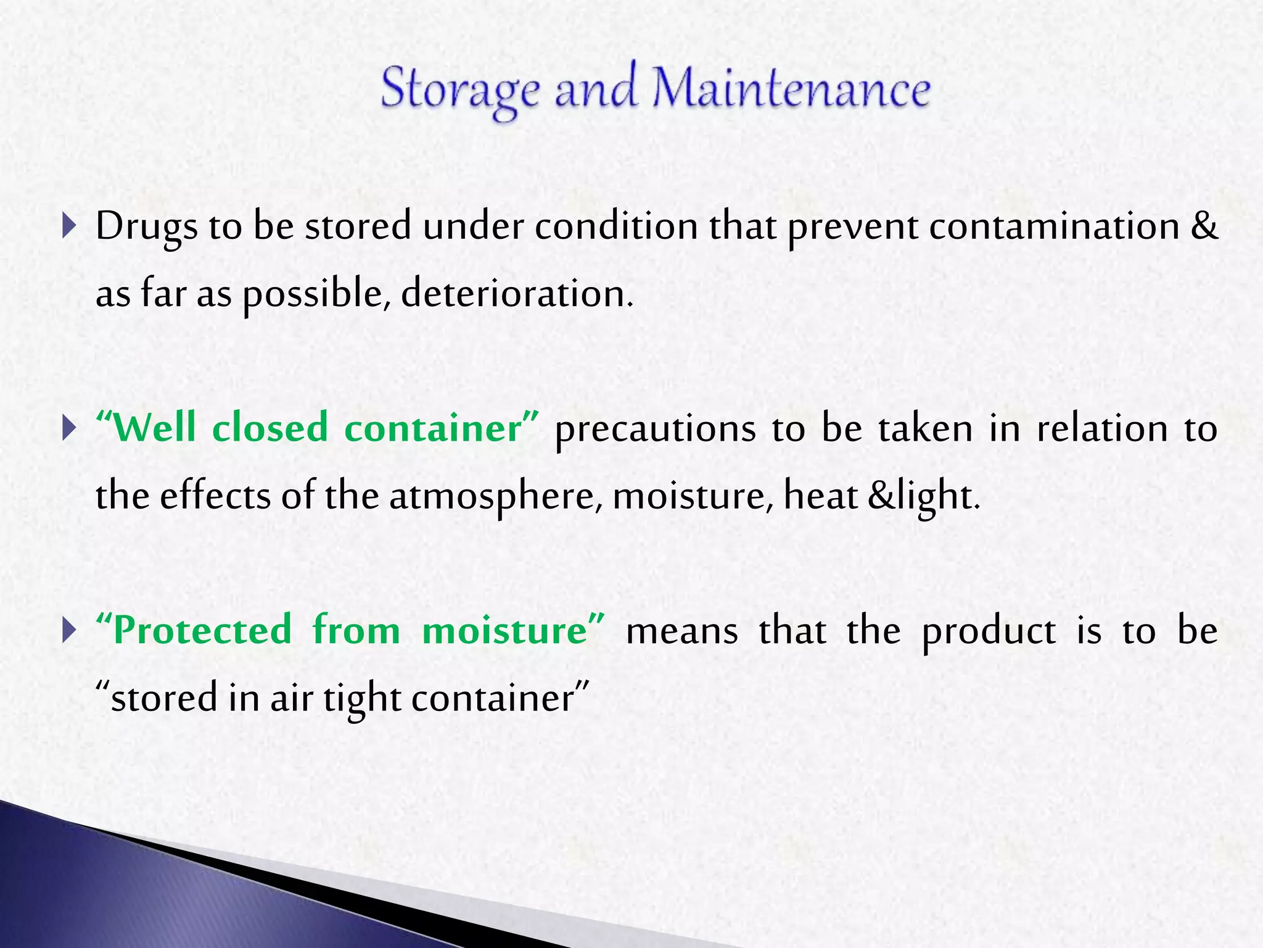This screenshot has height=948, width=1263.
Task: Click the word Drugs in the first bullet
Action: click(x=146, y=227)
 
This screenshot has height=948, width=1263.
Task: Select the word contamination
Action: click(x=1054, y=226)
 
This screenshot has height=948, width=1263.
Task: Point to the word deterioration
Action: click(x=517, y=294)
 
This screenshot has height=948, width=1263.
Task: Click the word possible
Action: click(x=316, y=294)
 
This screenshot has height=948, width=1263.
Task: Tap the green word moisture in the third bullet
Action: click(x=505, y=631)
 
